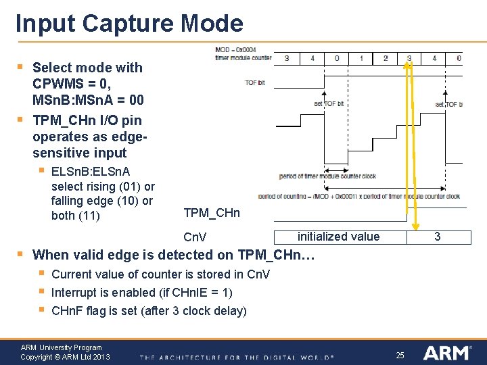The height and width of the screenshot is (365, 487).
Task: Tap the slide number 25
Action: tap(400, 355)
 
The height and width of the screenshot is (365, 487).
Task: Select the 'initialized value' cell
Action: tap(338, 237)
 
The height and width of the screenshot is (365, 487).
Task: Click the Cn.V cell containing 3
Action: tap(437, 237)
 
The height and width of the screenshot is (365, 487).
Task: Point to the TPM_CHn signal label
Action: tap(211, 214)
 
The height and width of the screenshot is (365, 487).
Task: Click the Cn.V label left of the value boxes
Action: tap(195, 237)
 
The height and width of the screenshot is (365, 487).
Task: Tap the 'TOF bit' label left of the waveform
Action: tap(254, 82)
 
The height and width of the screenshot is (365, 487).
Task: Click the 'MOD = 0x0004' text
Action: tap(235, 50)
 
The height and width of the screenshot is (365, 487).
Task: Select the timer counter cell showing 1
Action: tap(361, 58)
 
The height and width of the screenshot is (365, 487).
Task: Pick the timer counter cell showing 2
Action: tap(386, 58)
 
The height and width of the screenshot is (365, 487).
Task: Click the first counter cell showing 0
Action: tap(337, 58)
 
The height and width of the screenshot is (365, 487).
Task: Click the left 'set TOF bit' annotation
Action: tap(329, 103)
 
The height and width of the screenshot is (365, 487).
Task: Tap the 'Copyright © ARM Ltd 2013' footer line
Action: tap(65, 357)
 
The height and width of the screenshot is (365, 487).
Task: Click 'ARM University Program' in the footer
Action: tap(61, 347)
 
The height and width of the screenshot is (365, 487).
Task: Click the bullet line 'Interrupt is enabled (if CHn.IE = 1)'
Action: tap(141, 293)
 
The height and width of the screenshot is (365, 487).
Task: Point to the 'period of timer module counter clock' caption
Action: tap(327, 176)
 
